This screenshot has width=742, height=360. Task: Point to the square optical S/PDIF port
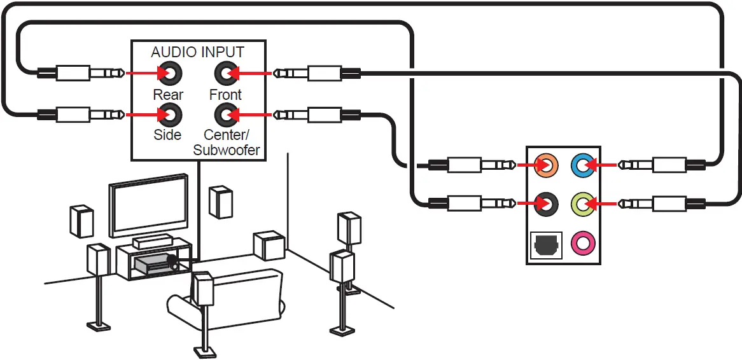[x=546, y=245]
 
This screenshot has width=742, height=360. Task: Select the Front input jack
[x=226, y=73]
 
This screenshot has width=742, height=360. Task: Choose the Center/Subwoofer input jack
[x=226, y=114]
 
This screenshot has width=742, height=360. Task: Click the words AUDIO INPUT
[x=198, y=52]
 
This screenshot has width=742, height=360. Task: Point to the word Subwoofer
[x=227, y=151]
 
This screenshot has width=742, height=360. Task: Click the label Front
[x=226, y=95]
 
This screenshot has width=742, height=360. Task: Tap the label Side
[x=167, y=135]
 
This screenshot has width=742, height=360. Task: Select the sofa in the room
[x=227, y=299]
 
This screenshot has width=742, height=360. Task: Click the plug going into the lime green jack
[x=662, y=204]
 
